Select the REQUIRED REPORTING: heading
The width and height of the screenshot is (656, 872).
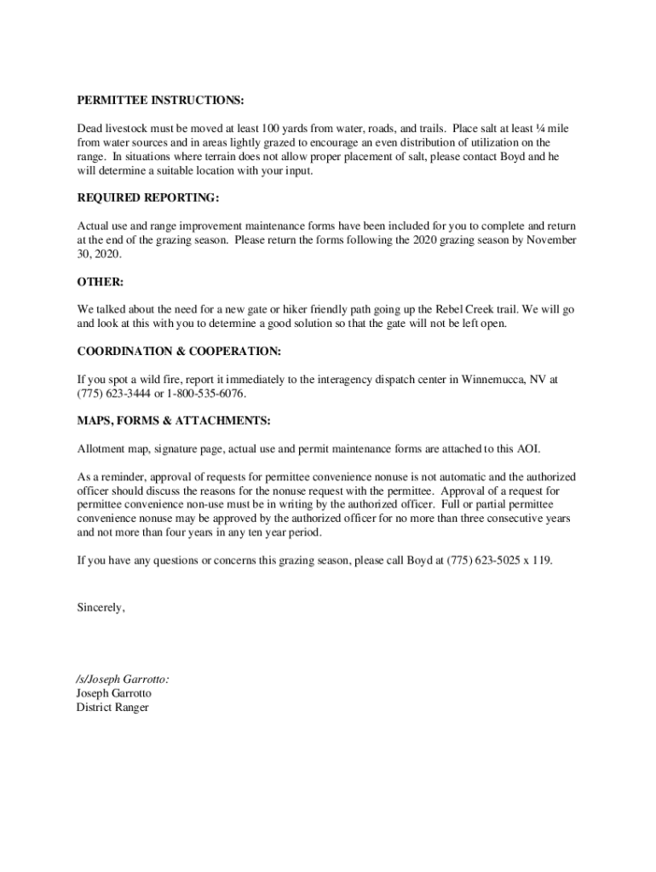point(148,198)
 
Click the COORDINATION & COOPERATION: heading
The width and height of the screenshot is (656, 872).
point(179,351)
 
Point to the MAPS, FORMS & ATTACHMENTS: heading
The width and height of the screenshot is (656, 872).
point(174,421)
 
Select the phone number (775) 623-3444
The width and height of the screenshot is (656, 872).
point(113,393)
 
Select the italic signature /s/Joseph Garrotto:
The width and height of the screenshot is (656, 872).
point(123,680)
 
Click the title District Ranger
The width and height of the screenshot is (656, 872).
point(112,708)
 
